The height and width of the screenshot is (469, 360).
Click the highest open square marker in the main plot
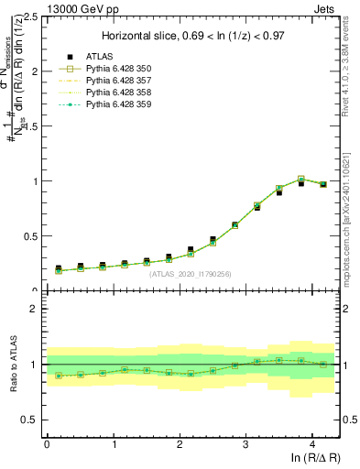point(301,180)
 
